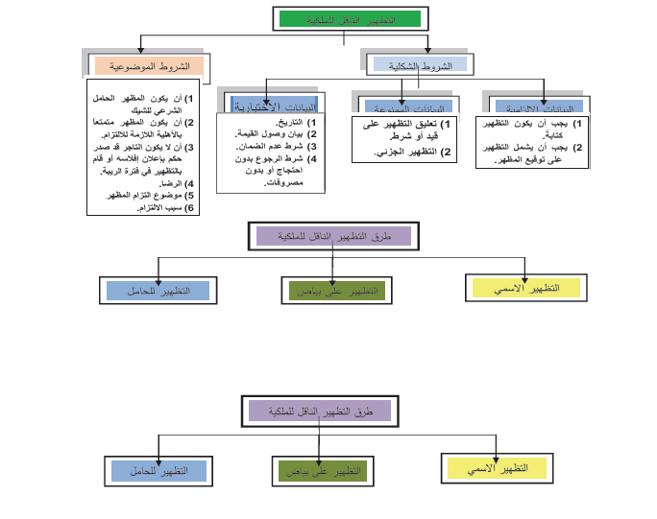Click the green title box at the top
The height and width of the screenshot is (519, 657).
pos(349,19)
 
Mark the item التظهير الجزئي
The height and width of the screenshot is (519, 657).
pos(408,152)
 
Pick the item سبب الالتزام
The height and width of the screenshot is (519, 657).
pos(153,207)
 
